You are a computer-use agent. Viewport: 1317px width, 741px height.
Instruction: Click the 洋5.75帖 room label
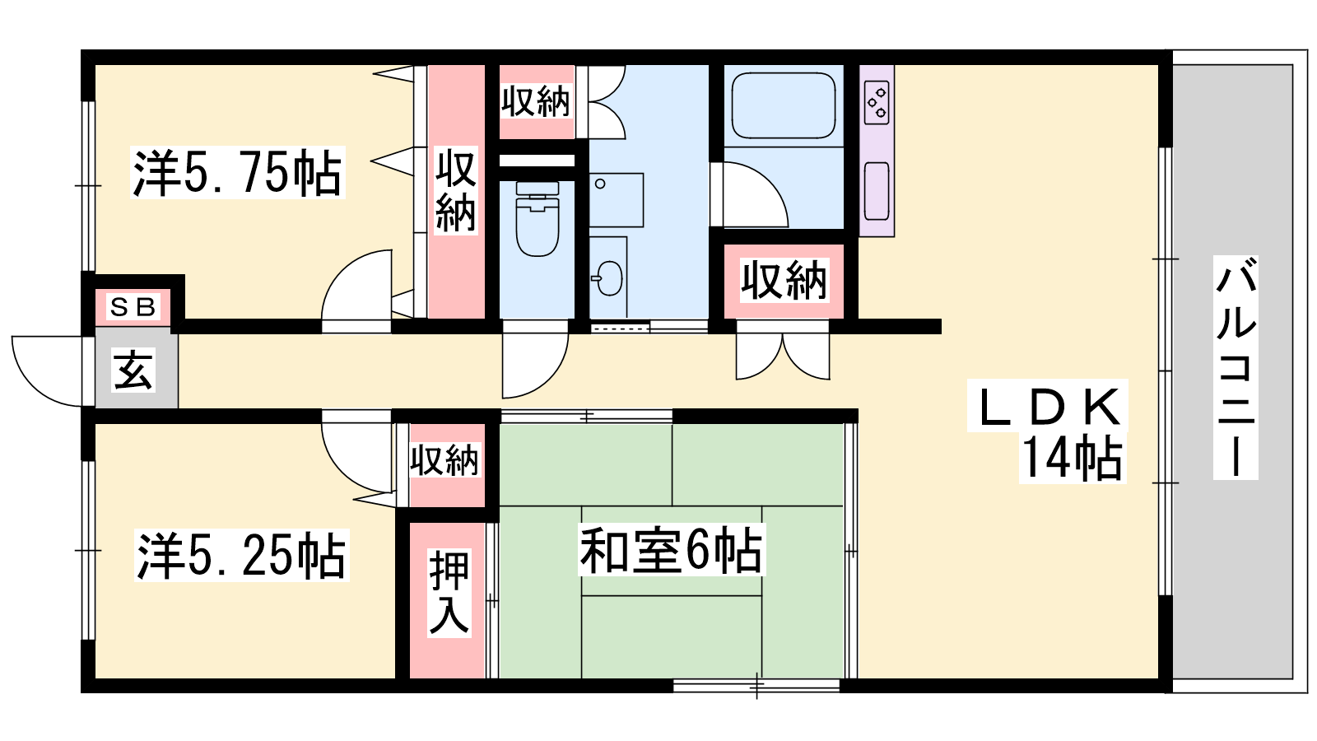click(x=237, y=174)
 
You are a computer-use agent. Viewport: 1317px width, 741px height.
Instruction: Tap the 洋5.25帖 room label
click(x=242, y=555)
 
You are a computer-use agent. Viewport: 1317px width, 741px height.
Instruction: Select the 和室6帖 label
click(x=671, y=551)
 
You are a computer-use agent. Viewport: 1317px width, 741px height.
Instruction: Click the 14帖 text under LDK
click(x=1073, y=459)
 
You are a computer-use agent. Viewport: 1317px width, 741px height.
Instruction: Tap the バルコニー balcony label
click(x=1236, y=367)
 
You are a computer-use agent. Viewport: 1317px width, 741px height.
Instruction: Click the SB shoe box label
click(x=133, y=306)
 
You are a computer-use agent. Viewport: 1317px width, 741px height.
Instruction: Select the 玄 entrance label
click(x=133, y=370)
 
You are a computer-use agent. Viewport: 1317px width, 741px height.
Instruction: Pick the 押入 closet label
click(x=449, y=593)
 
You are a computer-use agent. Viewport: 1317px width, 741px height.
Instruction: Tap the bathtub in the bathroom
click(x=783, y=106)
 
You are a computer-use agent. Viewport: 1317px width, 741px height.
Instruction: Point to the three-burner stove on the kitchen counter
click(x=877, y=102)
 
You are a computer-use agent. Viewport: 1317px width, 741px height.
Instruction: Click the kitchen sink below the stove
click(x=877, y=191)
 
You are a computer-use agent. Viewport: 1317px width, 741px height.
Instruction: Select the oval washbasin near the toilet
click(x=608, y=278)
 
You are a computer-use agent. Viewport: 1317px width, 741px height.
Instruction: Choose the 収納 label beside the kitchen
click(x=784, y=281)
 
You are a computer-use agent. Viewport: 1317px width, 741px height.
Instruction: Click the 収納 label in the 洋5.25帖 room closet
click(x=444, y=460)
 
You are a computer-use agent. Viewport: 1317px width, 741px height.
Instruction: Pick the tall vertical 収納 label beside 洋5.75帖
click(x=456, y=191)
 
